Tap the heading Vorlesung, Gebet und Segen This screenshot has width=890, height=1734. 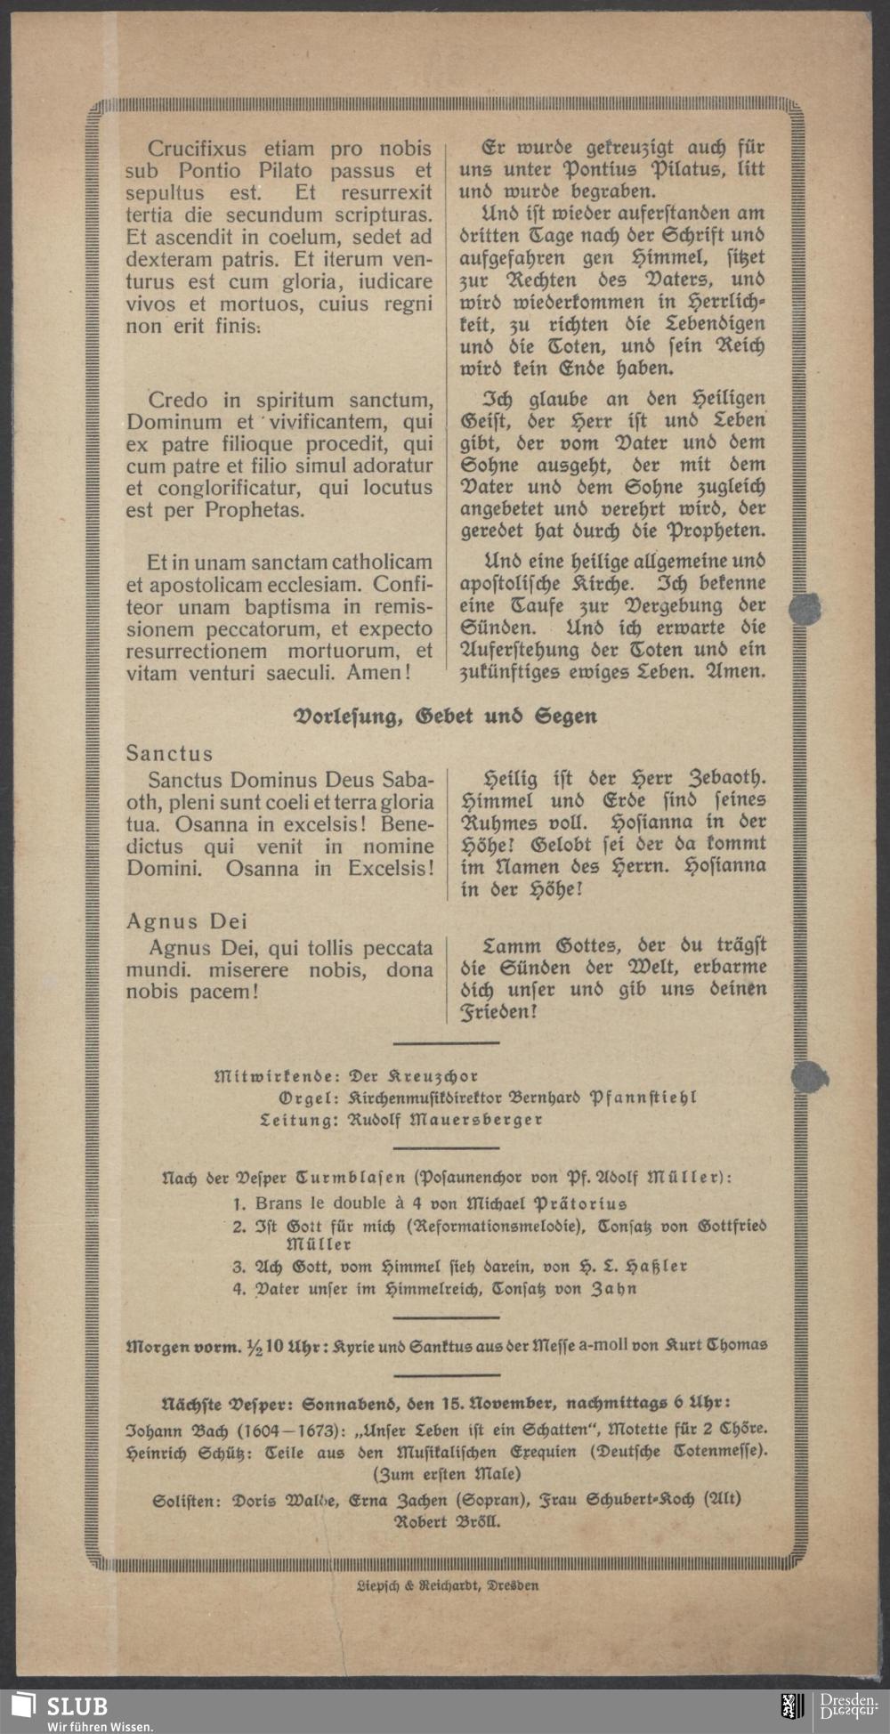click(445, 717)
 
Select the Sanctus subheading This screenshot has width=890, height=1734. click(169, 753)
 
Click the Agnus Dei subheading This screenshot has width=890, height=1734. click(186, 921)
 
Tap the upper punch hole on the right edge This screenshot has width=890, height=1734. click(805, 609)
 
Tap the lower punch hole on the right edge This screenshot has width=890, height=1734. click(808, 1077)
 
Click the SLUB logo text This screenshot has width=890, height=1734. click(77, 1706)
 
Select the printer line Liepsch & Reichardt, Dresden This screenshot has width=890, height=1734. click(447, 1585)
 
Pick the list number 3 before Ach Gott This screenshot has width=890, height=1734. click(239, 1267)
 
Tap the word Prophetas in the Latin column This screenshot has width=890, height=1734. click(255, 510)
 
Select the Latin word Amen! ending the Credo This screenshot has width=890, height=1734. click(378, 672)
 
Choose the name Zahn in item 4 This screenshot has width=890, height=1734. click(614, 1289)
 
